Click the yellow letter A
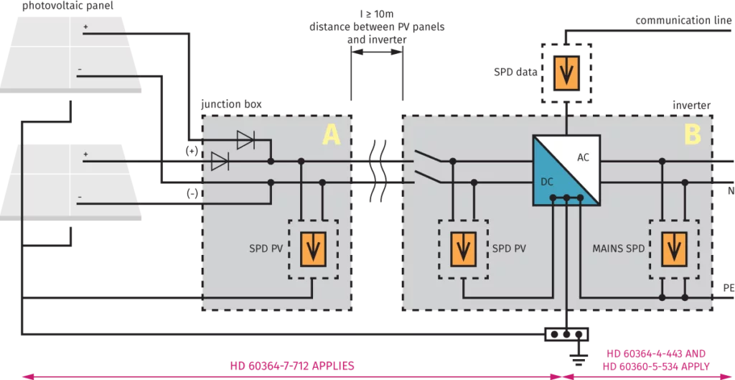pos(331,134)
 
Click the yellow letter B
pos(693,134)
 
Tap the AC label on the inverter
pos(583,157)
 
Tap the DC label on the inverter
pos(547,182)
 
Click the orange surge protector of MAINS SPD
pos(673,249)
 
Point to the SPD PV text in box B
pos(509,249)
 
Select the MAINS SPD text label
pos(617,249)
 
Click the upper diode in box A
pos(245,142)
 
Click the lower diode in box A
pos(220,162)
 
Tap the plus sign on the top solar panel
pos(85,28)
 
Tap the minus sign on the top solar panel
pos(80,70)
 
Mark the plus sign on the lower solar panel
pos(85,154)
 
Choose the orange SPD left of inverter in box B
pos(462,249)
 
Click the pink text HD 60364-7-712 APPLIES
pos(292,365)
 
